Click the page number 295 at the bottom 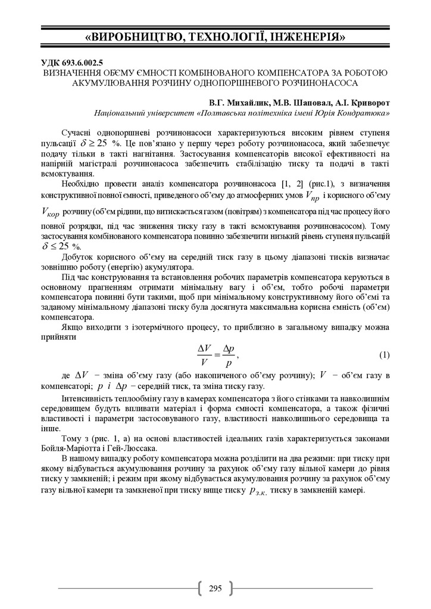tap(215, 589)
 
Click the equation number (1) tap(384, 355)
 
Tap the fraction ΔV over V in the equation tap(204, 354)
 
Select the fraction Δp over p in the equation tap(227, 355)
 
